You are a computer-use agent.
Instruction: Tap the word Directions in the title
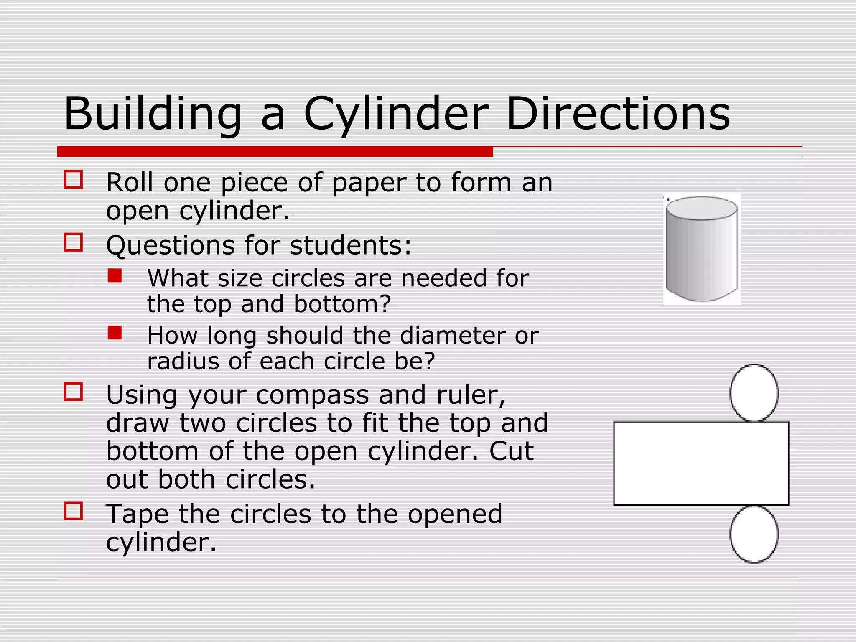pos(618,114)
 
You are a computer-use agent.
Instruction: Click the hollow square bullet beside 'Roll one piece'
pos(73,179)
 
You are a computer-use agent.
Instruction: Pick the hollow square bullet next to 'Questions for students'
pos(73,242)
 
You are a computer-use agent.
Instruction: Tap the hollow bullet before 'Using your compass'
pos(73,392)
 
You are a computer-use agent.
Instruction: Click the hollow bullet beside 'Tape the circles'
pos(73,511)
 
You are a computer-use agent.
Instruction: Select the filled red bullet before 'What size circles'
pos(115,275)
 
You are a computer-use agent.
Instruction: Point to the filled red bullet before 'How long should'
pos(115,333)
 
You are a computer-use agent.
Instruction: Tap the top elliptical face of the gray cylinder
pos(702,208)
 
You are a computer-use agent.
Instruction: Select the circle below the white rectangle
pos(754,534)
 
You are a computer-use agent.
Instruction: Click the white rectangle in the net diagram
pos(701,464)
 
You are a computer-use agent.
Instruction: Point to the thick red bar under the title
pos(275,152)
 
